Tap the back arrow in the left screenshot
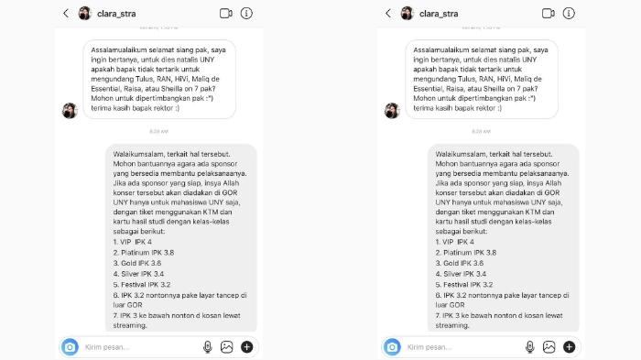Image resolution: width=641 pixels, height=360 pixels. click(x=66, y=14)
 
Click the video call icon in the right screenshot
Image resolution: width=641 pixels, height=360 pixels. click(x=549, y=14)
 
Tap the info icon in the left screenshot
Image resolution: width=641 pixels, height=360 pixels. click(x=246, y=14)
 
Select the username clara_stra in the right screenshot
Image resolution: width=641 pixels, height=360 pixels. click(x=439, y=14)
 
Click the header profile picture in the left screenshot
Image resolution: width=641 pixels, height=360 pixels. click(x=85, y=14)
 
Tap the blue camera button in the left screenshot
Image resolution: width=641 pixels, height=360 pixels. click(x=70, y=347)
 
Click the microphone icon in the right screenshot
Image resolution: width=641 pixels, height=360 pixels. click(x=529, y=347)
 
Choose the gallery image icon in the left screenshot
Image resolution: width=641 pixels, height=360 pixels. click(x=227, y=347)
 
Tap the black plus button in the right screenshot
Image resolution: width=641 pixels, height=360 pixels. click(x=569, y=347)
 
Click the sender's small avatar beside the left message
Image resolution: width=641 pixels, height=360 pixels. click(x=70, y=110)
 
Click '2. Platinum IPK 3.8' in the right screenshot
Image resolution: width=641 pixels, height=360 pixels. click(x=465, y=252)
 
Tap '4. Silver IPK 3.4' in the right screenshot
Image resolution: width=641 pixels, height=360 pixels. click(x=463, y=273)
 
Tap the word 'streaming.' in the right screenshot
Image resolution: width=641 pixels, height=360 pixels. click(x=452, y=325)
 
